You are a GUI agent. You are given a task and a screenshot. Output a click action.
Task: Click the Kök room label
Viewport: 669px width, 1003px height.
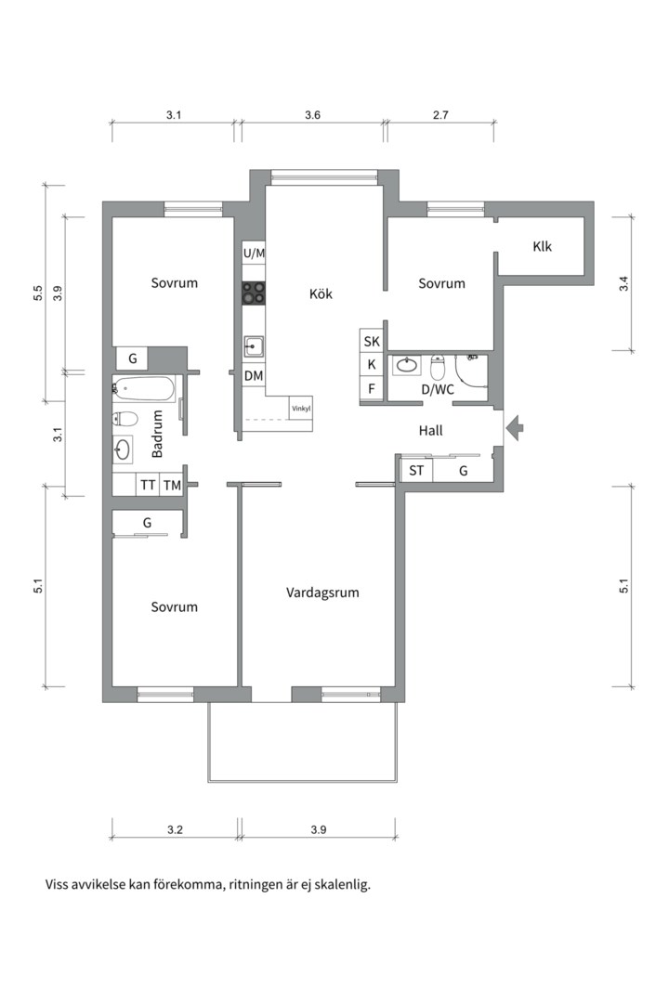tap(321, 294)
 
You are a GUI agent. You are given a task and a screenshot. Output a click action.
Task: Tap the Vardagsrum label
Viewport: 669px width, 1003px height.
tap(322, 592)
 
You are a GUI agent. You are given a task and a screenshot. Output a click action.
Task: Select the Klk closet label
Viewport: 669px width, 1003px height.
tap(543, 247)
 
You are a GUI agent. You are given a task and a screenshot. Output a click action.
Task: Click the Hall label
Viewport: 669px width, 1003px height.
tap(430, 431)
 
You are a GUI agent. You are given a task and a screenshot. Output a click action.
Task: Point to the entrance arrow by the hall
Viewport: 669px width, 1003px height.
tap(515, 428)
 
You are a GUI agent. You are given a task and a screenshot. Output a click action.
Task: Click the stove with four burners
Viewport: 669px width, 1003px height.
tap(254, 293)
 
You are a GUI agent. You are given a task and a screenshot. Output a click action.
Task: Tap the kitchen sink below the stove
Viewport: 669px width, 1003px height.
tap(254, 347)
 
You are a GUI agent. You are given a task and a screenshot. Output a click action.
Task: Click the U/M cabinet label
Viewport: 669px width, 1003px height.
tap(254, 253)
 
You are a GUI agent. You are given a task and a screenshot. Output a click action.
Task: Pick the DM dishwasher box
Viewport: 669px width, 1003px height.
tap(254, 376)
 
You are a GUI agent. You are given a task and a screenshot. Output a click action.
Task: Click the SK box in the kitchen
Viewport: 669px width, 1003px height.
tap(372, 341)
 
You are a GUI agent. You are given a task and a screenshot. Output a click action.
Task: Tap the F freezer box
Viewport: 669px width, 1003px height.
tap(372, 388)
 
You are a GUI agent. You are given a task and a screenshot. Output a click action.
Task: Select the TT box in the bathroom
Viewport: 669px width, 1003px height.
tap(148, 485)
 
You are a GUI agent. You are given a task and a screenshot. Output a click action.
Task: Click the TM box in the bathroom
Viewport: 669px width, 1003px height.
tap(172, 485)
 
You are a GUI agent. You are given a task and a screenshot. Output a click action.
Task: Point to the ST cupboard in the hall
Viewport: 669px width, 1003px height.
tap(415, 471)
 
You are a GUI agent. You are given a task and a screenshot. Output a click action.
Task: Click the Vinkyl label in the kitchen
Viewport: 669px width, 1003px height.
tap(301, 408)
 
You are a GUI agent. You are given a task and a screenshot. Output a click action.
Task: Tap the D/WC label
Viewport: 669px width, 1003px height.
tap(438, 390)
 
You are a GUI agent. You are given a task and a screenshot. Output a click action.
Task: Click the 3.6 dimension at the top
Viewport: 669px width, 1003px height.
tap(312, 116)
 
